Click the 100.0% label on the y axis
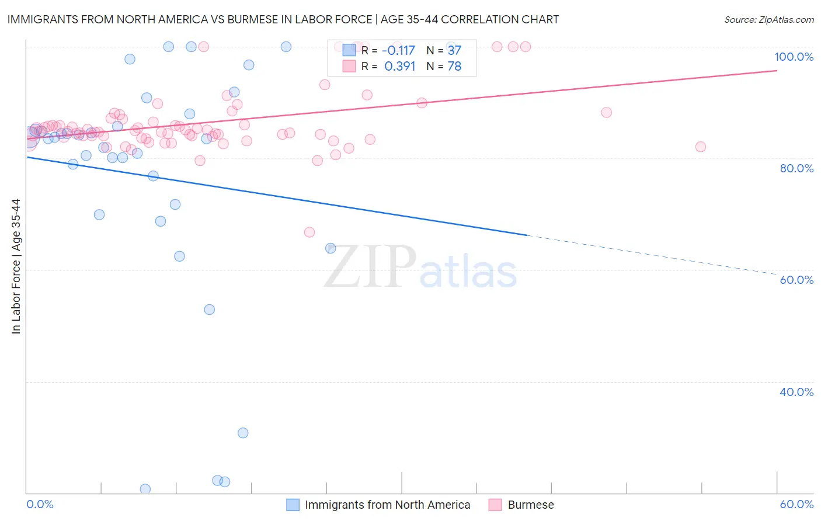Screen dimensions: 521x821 (794, 57)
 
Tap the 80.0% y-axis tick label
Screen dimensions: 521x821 (796, 168)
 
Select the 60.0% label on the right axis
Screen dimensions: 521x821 (796, 280)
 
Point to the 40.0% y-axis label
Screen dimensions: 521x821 (796, 391)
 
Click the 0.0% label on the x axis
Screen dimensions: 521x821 (40, 504)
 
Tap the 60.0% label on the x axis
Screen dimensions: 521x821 (796, 504)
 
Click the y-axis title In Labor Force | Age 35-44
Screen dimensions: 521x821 (16, 266)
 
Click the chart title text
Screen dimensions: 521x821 (283, 19)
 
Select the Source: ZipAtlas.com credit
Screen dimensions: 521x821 (768, 20)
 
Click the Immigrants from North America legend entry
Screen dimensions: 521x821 (387, 505)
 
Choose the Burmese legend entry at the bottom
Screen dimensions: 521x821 (530, 505)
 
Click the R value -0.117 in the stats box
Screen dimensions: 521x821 (398, 51)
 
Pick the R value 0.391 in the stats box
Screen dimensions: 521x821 (399, 67)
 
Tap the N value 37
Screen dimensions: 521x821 (454, 51)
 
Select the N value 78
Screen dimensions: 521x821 (454, 67)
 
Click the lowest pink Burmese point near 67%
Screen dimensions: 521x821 (309, 232)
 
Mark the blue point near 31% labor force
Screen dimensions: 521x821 (243, 433)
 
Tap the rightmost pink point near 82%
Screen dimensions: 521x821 (701, 147)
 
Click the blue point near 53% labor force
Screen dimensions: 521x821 (210, 310)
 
